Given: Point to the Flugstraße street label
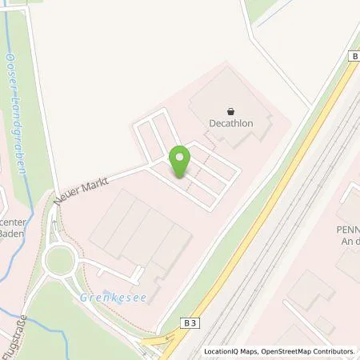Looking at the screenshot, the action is coord(13,338).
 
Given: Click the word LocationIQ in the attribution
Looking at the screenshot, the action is coord(225,351).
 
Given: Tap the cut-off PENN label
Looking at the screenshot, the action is coord(347,227).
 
